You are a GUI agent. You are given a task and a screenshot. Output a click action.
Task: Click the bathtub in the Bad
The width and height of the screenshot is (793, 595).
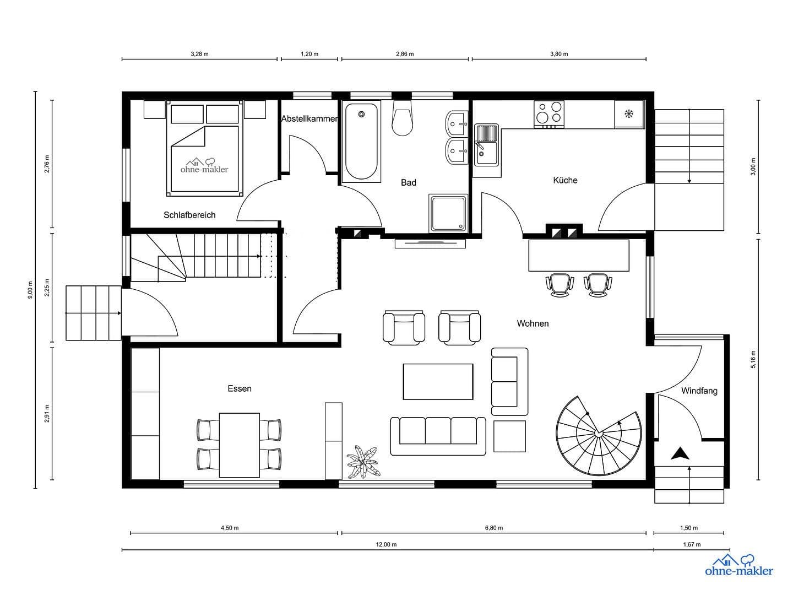(361, 142)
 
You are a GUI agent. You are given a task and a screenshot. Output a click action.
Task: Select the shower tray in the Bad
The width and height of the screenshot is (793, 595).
(448, 213)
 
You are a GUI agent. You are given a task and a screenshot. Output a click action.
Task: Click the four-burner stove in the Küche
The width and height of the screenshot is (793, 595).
(549, 113)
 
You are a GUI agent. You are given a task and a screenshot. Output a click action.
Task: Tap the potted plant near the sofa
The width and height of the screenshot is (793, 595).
(363, 463)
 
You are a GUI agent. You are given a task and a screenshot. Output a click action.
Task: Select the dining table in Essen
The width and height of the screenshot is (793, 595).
(239, 445)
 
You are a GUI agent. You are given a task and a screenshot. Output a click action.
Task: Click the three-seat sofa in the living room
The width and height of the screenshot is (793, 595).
(438, 436)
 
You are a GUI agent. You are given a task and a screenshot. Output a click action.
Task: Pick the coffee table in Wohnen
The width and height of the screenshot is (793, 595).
(438, 381)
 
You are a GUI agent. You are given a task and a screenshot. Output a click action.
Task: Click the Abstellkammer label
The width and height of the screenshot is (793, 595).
(309, 118)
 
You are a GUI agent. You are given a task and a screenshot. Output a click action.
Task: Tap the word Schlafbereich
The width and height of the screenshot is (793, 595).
(189, 215)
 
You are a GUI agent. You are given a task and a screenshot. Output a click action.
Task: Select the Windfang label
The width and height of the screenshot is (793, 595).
(699, 391)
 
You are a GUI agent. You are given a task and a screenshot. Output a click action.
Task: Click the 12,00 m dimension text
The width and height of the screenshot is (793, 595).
(386, 544)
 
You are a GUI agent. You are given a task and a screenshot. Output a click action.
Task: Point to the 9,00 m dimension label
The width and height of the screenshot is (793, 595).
(30, 290)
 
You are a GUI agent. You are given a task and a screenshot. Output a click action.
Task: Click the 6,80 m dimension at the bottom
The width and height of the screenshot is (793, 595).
(493, 528)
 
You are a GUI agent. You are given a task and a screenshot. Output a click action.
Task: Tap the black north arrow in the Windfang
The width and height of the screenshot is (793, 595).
(681, 453)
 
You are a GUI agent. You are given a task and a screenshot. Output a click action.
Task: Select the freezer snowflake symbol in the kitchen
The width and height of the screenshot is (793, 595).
(628, 114)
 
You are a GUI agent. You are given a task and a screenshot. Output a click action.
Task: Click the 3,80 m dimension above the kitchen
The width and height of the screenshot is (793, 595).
(558, 54)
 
